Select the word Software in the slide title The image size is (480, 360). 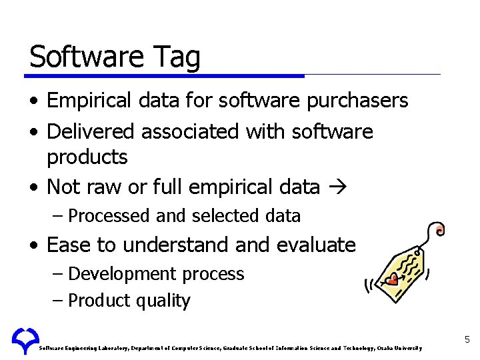coord(82,57)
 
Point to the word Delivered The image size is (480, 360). coord(91,131)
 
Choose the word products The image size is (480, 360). coord(87,157)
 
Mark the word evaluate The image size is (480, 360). coord(314,245)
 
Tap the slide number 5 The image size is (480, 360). coord(467,340)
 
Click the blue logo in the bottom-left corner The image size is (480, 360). coord(25,341)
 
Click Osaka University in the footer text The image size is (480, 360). coord(399,348)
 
